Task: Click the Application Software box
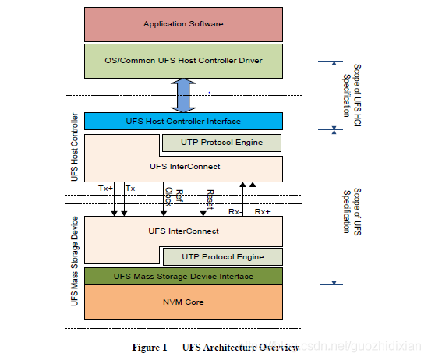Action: tap(183, 25)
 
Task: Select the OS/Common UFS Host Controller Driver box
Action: tap(183, 61)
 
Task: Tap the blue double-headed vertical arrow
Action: tap(183, 95)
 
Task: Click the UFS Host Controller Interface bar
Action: tap(183, 121)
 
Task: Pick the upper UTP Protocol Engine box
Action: tap(221, 143)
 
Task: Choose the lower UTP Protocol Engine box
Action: tap(223, 256)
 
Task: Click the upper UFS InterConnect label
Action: tap(185, 167)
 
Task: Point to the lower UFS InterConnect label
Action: tap(183, 231)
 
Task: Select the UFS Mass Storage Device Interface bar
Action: tap(183, 277)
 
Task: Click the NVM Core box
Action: tap(183, 302)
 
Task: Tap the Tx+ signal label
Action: tap(105, 189)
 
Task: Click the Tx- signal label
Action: tap(132, 189)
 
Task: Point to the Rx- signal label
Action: tap(235, 212)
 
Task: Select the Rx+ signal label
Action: tap(262, 212)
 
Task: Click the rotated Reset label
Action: tap(210, 199)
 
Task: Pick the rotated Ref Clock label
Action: tap(174, 196)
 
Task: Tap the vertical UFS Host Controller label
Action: tap(75, 147)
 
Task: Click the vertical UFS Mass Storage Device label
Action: tap(75, 261)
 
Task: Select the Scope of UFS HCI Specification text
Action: tap(352, 95)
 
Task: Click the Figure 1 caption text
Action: tap(216, 348)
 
